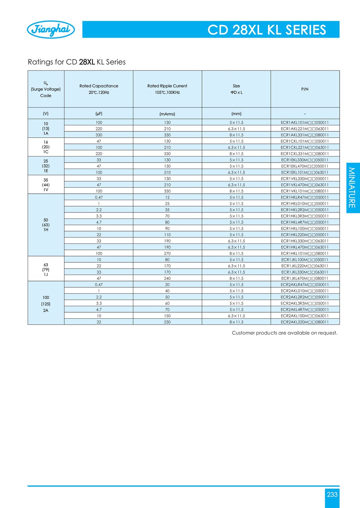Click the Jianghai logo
coord(50,30)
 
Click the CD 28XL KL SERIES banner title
coord(267,30)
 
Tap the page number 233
coord(332,494)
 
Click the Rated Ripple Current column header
coord(167,89)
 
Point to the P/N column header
coord(305,89)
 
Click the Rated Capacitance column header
coord(98,89)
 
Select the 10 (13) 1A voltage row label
coord(46,128)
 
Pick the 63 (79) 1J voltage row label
coord(46,269)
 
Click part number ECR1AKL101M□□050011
coord(305,122)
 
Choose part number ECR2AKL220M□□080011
coord(305,321)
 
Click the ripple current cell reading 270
coord(167,253)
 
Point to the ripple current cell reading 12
coord(167,197)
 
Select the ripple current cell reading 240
coord(167,278)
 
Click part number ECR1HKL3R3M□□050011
coord(305,216)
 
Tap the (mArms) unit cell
coord(167,113)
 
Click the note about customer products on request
coord(284,333)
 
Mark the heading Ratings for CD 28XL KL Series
coord(76,62)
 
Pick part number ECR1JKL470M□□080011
coord(305,278)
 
